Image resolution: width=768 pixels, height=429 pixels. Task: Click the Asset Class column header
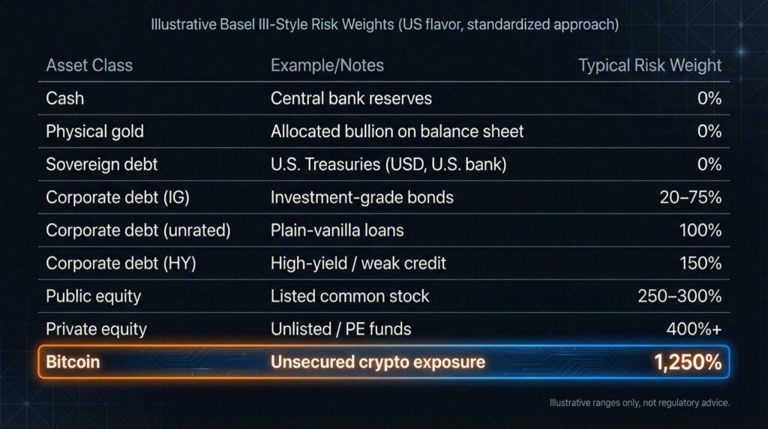coord(89,65)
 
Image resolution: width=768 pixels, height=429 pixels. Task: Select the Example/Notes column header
coord(327,65)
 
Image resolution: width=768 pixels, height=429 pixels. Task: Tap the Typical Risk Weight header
coord(649,65)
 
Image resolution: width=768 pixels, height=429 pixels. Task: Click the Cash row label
coord(65,98)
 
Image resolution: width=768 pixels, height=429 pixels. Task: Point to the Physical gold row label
coord(94,131)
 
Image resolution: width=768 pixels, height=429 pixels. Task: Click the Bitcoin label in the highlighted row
coord(73,362)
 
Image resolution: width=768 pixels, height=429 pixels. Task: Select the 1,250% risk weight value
coord(687,362)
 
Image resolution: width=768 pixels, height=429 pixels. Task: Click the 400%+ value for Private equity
coord(694,328)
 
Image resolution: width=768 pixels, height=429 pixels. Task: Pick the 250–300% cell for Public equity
coord(679,295)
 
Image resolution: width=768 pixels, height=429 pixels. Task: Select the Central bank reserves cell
coord(351,98)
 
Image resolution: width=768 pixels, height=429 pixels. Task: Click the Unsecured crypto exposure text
coord(377,362)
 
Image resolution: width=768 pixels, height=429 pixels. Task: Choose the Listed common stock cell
coord(349,295)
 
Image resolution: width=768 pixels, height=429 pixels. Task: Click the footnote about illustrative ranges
coord(639,403)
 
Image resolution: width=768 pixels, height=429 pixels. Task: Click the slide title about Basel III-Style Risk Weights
coord(384,25)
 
